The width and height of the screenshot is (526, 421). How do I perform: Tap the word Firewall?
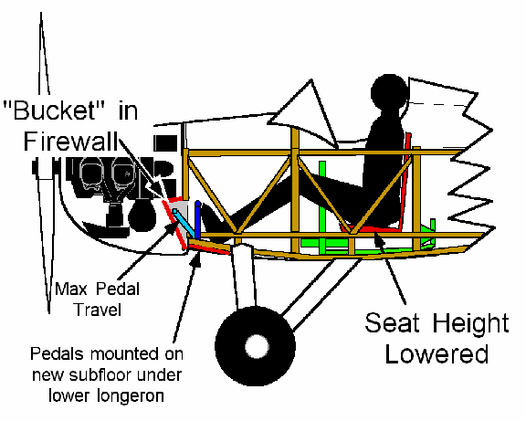(71, 142)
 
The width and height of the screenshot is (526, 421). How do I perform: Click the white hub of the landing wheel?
(257, 347)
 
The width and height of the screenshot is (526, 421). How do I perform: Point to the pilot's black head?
(389, 91)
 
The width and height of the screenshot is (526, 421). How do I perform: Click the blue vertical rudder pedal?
(198, 220)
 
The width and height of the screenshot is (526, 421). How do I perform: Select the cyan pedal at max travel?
(184, 222)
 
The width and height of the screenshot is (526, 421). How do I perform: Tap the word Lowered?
(437, 354)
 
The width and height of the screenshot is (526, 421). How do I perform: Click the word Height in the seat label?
(470, 323)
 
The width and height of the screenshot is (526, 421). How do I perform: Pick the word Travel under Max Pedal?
(98, 310)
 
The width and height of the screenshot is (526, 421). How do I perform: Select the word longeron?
(131, 396)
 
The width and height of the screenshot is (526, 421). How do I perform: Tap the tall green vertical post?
(322, 207)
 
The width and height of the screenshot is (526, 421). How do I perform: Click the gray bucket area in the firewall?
(181, 215)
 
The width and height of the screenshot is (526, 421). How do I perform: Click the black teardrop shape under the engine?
(142, 215)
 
